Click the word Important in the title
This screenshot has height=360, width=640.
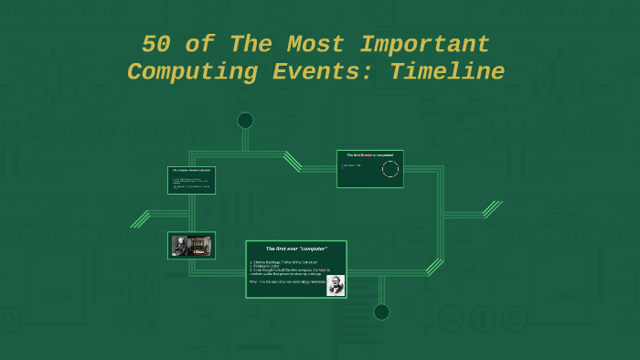(424, 45)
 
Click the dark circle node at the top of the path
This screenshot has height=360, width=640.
(245, 121)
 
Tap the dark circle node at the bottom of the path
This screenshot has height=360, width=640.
(381, 312)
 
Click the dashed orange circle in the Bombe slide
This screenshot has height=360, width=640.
(390, 169)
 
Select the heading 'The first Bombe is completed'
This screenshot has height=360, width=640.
(369, 155)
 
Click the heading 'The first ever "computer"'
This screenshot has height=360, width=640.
(296, 249)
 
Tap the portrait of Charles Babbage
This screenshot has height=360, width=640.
(336, 285)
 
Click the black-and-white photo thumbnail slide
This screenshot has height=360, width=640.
(192, 245)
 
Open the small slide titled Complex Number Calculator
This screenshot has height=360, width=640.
(192, 180)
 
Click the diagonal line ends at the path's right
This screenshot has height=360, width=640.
(493, 209)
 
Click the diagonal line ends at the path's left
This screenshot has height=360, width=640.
(140, 219)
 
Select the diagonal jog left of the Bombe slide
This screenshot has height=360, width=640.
(293, 161)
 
